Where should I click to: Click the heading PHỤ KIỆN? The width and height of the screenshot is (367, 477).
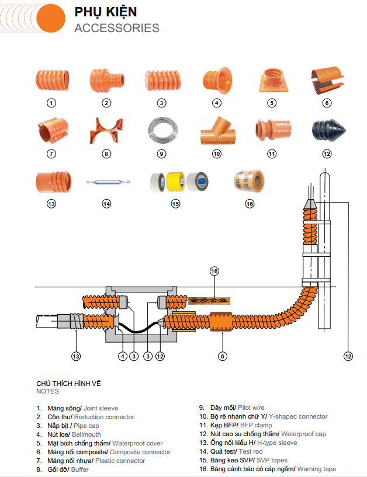click(x=106, y=12)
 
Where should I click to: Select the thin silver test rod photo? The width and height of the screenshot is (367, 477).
click(x=106, y=182)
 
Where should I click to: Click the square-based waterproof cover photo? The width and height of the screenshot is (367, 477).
click(x=272, y=81)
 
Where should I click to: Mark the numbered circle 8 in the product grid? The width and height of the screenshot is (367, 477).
click(x=106, y=154)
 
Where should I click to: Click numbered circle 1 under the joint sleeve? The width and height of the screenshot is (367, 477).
click(x=51, y=103)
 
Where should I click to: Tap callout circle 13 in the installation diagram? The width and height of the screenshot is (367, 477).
click(x=76, y=356)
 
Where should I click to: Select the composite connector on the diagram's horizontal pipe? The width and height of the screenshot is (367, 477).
click(x=222, y=322)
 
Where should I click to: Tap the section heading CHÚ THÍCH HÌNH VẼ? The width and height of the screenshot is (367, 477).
click(x=69, y=383)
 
